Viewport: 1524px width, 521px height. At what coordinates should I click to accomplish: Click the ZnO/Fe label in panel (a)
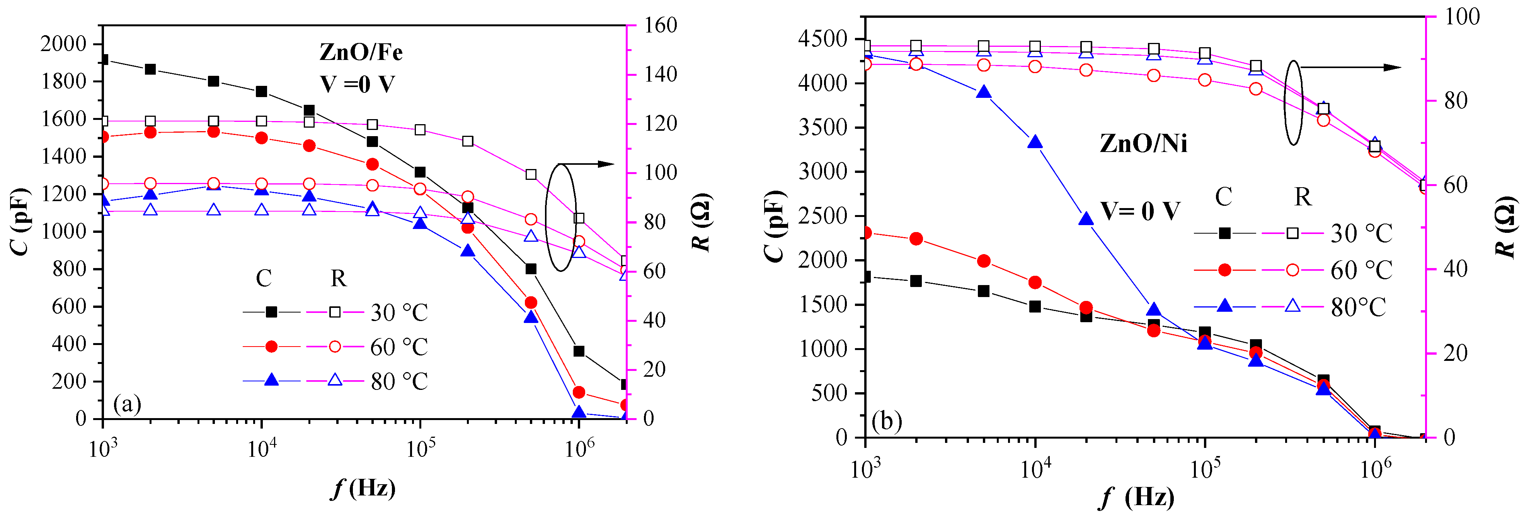point(361,53)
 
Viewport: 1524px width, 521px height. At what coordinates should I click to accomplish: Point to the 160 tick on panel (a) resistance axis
point(660,26)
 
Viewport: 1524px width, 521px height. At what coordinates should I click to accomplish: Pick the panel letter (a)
point(127,404)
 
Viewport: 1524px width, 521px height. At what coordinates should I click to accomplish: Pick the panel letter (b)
point(887,422)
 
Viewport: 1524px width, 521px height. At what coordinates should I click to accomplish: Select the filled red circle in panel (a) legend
point(272,346)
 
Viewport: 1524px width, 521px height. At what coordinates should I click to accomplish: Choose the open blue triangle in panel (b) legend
point(1293,306)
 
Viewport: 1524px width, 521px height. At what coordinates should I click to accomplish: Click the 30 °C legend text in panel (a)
point(399,313)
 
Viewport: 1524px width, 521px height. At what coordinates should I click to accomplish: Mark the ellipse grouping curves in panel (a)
point(560,217)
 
